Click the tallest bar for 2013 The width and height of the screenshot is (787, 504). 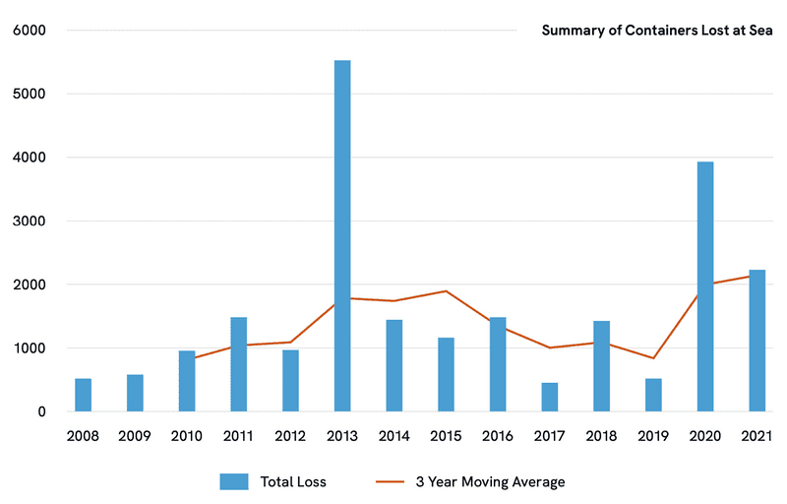tap(342, 236)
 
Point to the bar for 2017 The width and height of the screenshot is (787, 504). tap(549, 397)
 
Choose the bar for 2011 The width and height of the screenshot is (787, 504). tap(239, 364)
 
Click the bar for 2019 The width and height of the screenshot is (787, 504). tap(653, 395)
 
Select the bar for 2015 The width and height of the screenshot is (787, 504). tap(446, 374)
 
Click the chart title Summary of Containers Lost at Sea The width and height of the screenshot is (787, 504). tap(657, 31)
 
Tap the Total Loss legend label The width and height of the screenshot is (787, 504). tap(293, 481)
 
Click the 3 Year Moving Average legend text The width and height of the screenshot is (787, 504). tap(490, 481)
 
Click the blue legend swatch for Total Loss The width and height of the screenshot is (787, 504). tap(234, 481)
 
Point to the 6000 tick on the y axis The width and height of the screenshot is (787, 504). tap(29, 31)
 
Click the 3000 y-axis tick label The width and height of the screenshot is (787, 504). tap(29, 221)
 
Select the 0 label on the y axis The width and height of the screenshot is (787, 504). tap(41, 411)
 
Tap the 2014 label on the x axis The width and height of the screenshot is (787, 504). tap(394, 434)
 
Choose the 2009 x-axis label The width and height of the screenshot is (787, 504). tap(136, 434)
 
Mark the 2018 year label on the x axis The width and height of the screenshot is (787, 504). tap(601, 434)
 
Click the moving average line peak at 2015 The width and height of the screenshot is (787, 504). tap(446, 291)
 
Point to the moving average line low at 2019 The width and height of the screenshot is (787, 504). tap(653, 358)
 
